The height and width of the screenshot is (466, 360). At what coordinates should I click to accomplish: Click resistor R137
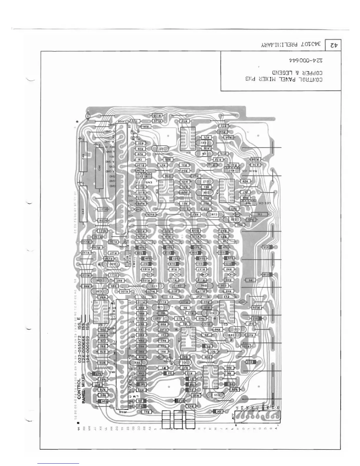[x=102, y=209]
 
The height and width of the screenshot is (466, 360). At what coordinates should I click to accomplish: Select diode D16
[x=266, y=274]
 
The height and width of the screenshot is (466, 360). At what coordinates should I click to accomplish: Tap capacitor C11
[x=216, y=395]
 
